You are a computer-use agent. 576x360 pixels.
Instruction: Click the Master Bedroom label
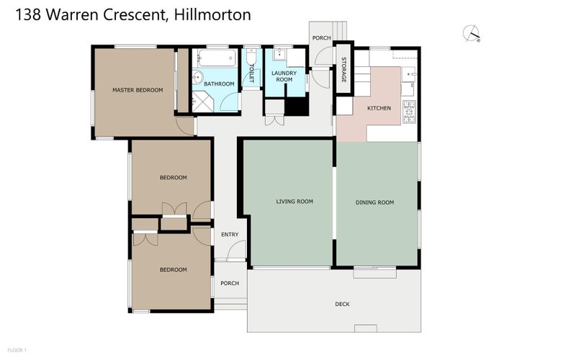click(x=137, y=90)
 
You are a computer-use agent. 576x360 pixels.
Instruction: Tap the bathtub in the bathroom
click(x=216, y=58)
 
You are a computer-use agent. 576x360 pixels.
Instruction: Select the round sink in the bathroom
click(x=199, y=78)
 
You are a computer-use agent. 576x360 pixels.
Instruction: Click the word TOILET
click(x=251, y=73)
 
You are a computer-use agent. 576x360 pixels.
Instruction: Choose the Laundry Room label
click(x=284, y=76)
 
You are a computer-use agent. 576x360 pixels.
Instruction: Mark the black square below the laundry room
click(x=297, y=107)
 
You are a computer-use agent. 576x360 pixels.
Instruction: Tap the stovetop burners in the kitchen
click(x=409, y=109)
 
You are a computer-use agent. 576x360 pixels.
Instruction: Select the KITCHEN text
click(x=379, y=108)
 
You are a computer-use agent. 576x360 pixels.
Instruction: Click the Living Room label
click(x=294, y=202)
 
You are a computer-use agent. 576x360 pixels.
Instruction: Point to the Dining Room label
click(x=375, y=202)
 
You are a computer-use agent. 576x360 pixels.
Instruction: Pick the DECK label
click(x=342, y=304)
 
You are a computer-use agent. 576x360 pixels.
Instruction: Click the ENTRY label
click(x=230, y=234)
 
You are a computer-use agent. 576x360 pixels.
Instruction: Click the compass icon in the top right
click(x=472, y=32)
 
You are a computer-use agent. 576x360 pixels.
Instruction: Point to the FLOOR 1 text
click(x=17, y=350)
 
